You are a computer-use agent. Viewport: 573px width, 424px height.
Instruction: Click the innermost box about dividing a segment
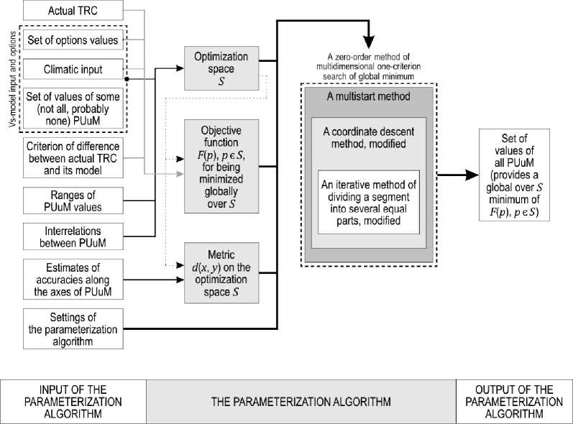click(368, 202)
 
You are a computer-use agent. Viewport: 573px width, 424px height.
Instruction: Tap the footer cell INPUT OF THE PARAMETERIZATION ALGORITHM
click(73, 400)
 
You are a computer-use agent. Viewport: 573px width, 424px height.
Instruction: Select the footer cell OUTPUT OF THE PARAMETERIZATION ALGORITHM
click(513, 400)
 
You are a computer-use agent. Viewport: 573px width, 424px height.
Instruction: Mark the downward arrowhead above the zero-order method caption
click(369, 44)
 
